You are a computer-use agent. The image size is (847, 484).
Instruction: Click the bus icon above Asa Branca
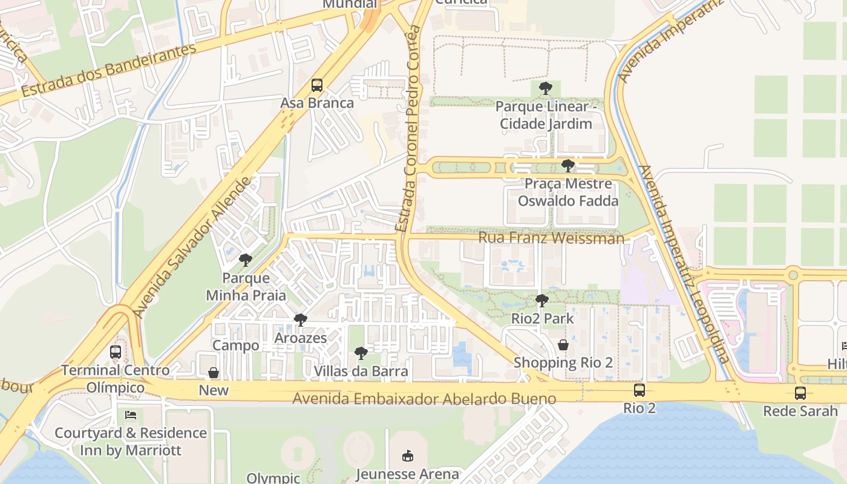point(317,85)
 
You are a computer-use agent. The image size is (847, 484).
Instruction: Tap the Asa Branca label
point(317,103)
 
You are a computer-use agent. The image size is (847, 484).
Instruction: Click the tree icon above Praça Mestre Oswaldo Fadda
point(567,166)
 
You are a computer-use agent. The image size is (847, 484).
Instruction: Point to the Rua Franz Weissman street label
point(551,238)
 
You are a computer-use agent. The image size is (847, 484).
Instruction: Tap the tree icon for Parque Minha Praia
point(245,261)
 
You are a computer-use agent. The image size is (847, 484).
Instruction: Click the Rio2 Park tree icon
point(541,301)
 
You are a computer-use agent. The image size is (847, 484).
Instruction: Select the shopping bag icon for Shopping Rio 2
point(563,345)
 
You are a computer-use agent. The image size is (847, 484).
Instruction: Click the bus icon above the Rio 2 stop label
point(639,390)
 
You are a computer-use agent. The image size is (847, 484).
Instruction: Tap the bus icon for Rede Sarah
point(800,393)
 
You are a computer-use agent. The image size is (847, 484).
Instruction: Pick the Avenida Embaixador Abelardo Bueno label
point(424,399)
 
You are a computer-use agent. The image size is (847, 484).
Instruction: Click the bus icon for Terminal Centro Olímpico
point(115,352)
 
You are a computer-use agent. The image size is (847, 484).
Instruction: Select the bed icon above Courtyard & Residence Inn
point(130,415)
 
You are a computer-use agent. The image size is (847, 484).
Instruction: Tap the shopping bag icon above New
point(214,373)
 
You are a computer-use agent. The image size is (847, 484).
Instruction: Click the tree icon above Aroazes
point(300,320)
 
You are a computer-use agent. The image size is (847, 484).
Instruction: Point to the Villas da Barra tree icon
point(361,353)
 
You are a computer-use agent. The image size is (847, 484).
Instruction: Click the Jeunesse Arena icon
point(407,456)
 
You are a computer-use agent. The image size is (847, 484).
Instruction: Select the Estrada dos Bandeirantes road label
point(109,71)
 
